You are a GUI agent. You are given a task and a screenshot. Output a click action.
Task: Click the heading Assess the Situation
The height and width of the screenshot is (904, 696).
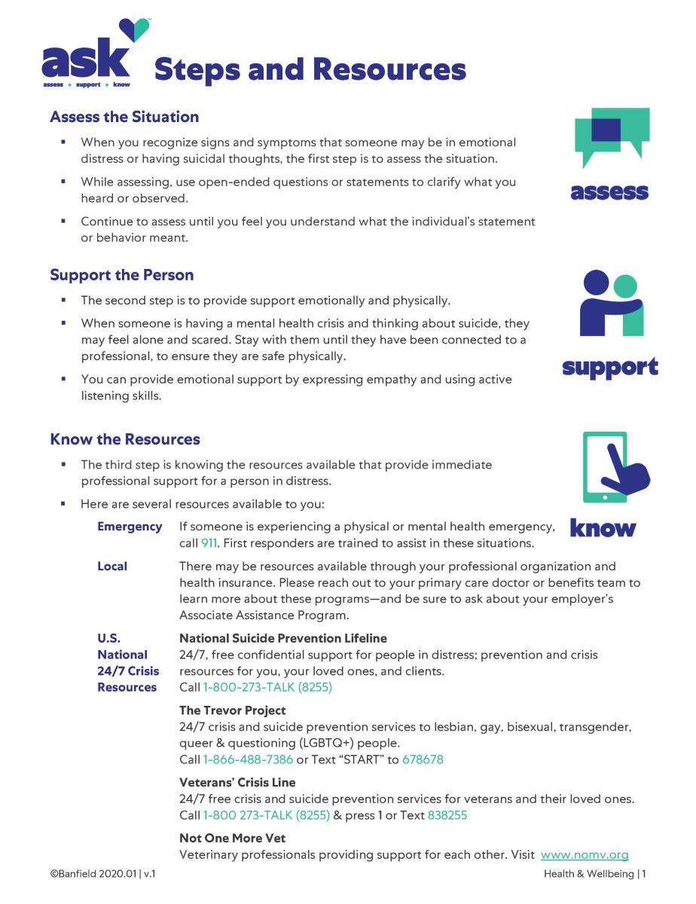(124, 117)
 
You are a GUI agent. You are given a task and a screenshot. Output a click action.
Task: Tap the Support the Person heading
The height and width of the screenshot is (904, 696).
(122, 275)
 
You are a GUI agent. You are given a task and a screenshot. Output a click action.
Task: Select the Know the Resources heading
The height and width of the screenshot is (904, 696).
(125, 439)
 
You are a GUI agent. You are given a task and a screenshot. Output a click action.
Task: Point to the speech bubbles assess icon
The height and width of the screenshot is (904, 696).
(612, 137)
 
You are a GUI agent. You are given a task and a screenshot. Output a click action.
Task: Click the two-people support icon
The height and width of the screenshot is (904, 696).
(612, 303)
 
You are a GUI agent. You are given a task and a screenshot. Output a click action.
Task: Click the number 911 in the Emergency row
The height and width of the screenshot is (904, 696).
(210, 543)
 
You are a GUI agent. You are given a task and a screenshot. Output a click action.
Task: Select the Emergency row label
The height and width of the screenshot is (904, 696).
(130, 527)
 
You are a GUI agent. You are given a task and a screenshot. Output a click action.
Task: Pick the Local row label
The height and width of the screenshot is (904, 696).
(112, 566)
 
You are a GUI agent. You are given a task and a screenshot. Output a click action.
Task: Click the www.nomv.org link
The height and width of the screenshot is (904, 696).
(585, 855)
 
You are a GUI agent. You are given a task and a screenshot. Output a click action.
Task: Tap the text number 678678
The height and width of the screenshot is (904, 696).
(423, 759)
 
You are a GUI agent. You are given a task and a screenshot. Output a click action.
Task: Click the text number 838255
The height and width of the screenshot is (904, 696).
(447, 815)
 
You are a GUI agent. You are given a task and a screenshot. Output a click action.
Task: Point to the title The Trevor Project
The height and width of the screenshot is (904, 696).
(233, 710)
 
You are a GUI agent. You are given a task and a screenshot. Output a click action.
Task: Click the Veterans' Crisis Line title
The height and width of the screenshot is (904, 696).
(237, 783)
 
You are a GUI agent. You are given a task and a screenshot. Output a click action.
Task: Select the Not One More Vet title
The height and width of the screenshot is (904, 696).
(233, 838)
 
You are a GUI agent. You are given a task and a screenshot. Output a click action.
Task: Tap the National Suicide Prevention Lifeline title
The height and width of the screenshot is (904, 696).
(283, 638)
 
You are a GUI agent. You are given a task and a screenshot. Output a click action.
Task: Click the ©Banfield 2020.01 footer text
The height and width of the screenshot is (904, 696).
(102, 875)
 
